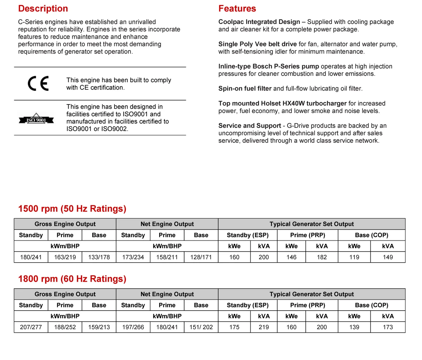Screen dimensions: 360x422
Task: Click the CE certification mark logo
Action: pyautogui.click(x=38, y=83)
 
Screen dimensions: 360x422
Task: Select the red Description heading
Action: pyautogui.click(x=43, y=9)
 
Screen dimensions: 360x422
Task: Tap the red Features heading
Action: pyautogui.click(x=237, y=9)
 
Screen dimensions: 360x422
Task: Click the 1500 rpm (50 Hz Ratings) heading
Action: pyautogui.click(x=72, y=209)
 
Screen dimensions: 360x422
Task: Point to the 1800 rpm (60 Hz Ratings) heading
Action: pyautogui.click(x=72, y=279)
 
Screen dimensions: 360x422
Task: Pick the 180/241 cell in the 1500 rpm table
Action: pyautogui.click(x=31, y=257)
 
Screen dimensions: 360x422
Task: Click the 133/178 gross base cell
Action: pyautogui.click(x=99, y=257)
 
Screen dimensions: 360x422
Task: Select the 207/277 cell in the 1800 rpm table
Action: pyautogui.click(x=31, y=327)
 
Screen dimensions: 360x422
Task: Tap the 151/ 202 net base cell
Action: pyautogui.click(x=201, y=327)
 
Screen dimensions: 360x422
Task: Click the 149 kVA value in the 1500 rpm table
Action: pyautogui.click(x=388, y=257)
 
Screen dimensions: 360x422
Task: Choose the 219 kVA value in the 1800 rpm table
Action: pyautogui.click(x=264, y=327)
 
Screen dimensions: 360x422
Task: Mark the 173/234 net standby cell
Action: pyautogui.click(x=133, y=257)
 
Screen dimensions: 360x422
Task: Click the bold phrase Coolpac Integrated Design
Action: pyautogui.click(x=259, y=22)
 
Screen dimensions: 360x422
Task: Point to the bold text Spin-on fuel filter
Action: pyautogui.click(x=245, y=88)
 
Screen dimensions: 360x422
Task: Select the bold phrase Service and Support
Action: pyautogui.click(x=250, y=126)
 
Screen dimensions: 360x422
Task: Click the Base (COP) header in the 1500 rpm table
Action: pyautogui.click(x=372, y=235)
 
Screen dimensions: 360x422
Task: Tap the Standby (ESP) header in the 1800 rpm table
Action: pyautogui.click(x=247, y=305)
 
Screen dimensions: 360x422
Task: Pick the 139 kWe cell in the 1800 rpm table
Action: pyautogui.click(x=354, y=327)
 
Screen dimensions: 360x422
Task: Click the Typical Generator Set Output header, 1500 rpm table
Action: pyautogui.click(x=311, y=224)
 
